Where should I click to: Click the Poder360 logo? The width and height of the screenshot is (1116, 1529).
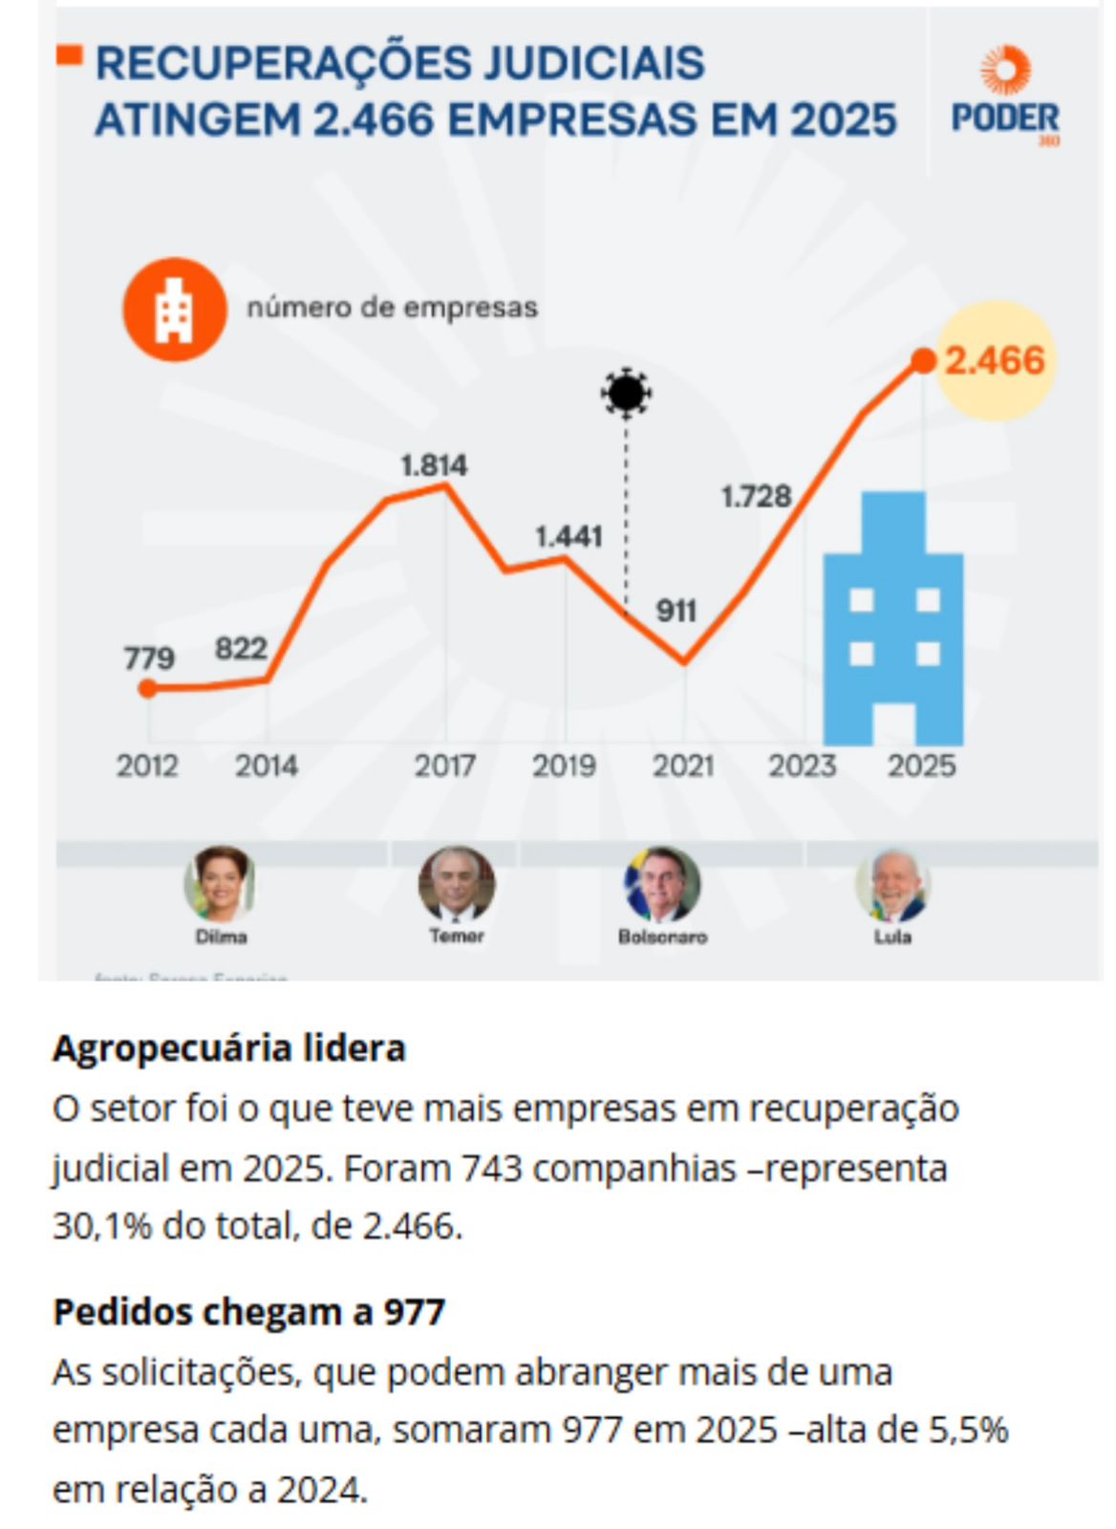point(1005,97)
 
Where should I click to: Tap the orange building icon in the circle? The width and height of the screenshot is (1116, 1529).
point(174,309)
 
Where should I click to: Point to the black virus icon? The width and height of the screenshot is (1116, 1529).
point(626,392)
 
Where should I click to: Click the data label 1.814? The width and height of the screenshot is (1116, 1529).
point(434,465)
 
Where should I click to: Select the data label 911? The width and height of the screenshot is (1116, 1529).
point(676,611)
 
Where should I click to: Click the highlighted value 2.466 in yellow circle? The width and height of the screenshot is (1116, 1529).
point(995,360)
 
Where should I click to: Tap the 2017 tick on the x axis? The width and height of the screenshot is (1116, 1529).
point(444,765)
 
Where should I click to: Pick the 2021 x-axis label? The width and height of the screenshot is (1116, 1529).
point(683,765)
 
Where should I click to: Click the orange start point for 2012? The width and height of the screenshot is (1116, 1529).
point(147,688)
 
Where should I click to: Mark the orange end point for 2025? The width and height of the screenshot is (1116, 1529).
point(923,360)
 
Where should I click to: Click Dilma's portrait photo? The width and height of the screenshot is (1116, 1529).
point(221,884)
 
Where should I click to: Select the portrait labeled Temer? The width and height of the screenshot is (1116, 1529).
point(456,884)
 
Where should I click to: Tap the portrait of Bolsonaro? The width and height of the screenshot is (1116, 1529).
point(662,884)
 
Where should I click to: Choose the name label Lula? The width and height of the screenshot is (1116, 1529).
point(892,937)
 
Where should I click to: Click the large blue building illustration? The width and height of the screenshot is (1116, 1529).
point(893,621)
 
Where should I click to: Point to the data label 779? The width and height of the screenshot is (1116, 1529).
point(149,657)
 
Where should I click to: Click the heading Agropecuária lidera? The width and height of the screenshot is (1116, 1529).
point(229,1048)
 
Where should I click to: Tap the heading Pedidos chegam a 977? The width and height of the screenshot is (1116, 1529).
point(248,1312)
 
